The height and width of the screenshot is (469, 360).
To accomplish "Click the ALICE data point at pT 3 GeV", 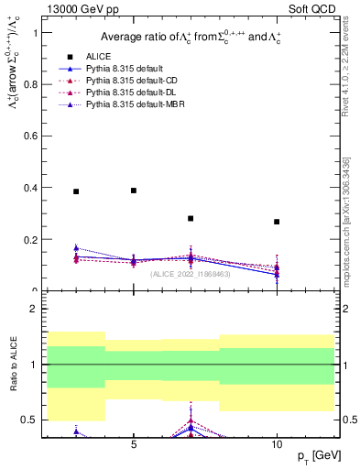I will [76, 191].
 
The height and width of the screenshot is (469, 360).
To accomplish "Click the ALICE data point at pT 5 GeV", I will [134, 191].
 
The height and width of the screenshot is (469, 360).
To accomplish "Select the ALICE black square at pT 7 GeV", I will [191, 218].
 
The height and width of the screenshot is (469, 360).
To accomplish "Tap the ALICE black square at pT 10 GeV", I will [277, 222].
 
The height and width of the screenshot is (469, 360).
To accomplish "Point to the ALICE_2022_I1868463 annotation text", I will [190, 273].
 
